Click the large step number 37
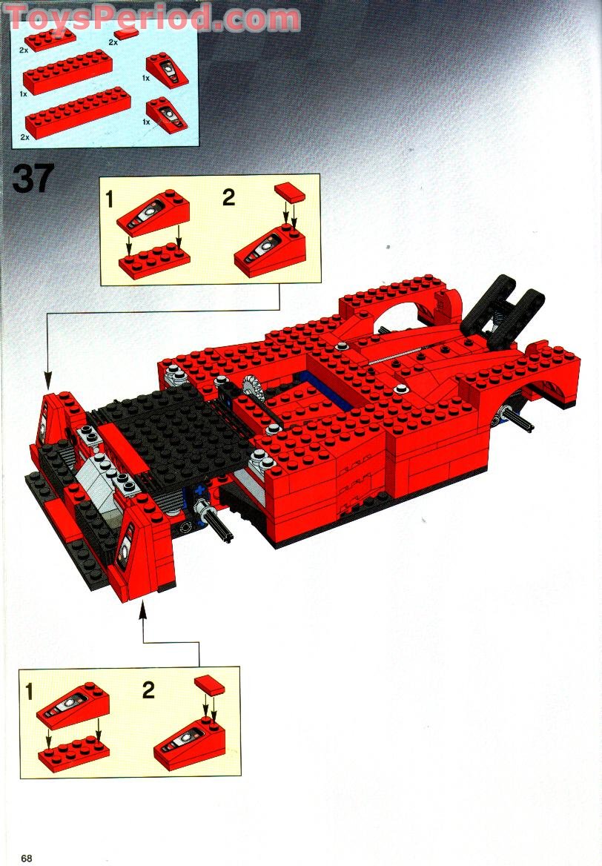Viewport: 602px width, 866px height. point(33,178)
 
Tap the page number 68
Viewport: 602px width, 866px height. point(27,858)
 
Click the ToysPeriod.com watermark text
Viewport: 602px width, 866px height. point(153,18)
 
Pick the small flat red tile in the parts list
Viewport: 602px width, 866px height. point(127,36)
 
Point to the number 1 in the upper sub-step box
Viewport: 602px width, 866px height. point(110,199)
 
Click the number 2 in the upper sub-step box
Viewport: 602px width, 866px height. point(228,197)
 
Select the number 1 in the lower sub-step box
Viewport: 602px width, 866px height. point(30,692)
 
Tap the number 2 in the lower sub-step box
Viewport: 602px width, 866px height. point(148,690)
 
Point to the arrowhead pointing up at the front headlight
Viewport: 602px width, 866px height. point(143,609)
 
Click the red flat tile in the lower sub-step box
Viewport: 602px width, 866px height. point(209,685)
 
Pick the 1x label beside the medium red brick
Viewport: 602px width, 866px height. point(23,94)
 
